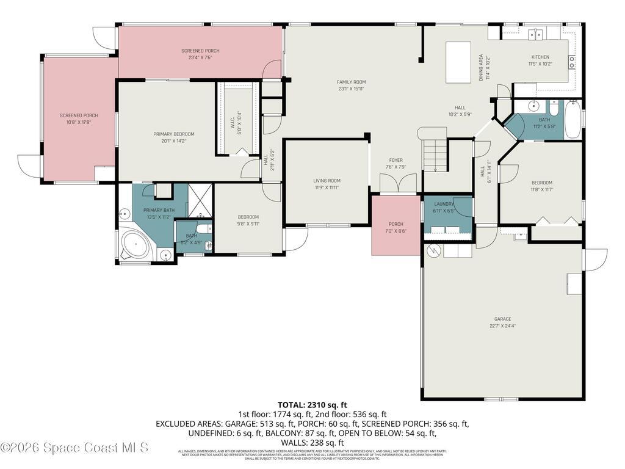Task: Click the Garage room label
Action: tap(502, 319)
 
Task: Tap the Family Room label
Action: tap(351, 82)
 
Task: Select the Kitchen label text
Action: tap(540, 57)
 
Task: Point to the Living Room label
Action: tap(327, 181)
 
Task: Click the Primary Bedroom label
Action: tap(173, 134)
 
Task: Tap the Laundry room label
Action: tap(444, 204)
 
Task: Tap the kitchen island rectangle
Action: tap(458, 62)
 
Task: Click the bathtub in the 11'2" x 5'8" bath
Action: tap(573, 120)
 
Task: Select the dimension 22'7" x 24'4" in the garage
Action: tap(502, 326)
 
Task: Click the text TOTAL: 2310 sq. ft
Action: tap(312, 404)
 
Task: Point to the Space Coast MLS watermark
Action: tap(74, 448)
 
